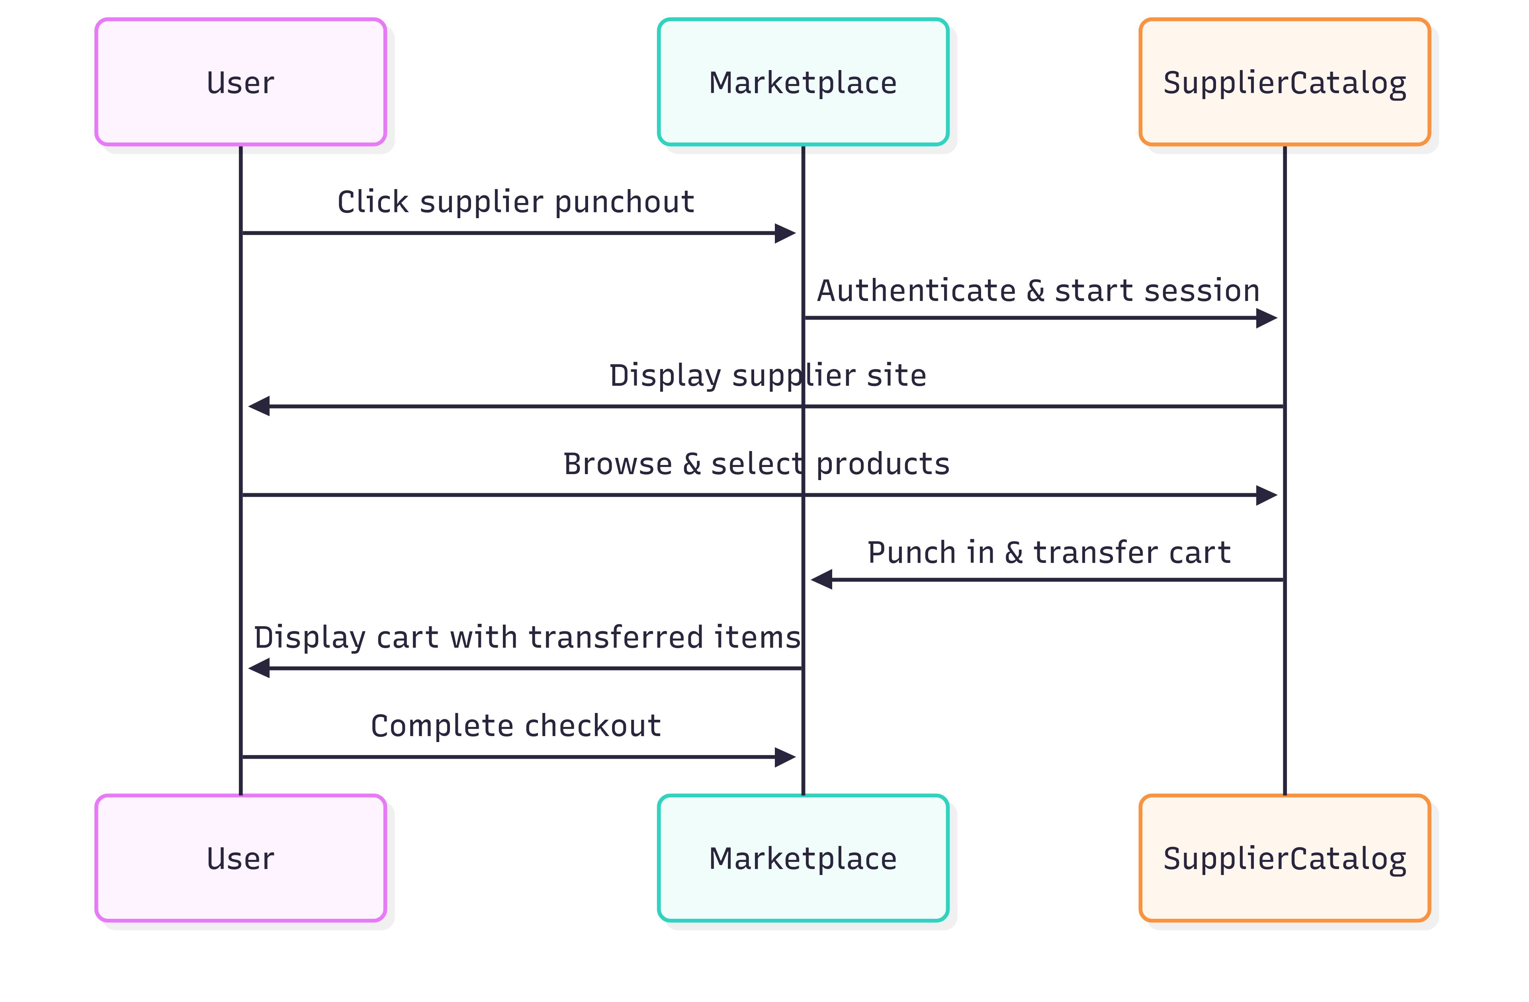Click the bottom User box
tap(240, 858)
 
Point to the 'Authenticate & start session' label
tap(1038, 290)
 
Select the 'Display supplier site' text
tap(768, 375)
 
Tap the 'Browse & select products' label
tap(756, 464)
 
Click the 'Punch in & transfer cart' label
tap(1048, 553)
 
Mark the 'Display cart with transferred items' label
tap(527, 637)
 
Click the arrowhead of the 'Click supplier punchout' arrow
tap(786, 233)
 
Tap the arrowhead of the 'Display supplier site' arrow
tap(258, 406)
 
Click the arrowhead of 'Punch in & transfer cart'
tap(821, 579)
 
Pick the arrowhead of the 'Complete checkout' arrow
tap(786, 757)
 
